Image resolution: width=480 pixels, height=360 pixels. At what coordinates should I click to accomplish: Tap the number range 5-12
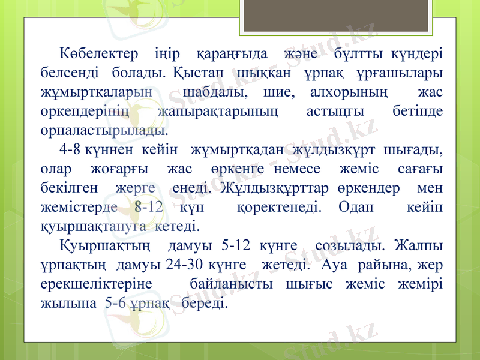point(236,246)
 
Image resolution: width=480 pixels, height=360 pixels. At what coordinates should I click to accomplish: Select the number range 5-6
point(115,303)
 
